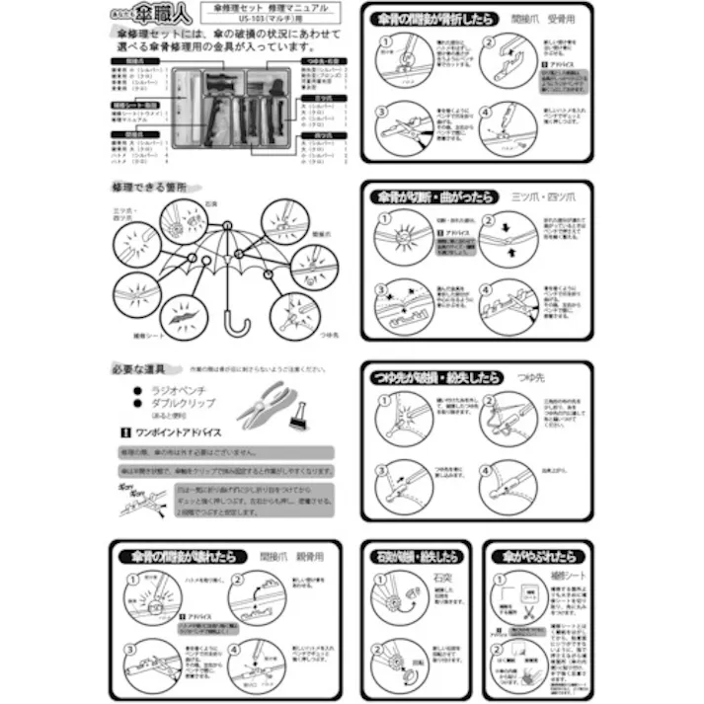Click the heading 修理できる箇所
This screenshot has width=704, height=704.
pos(148,186)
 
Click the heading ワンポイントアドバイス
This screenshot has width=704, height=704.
pos(177,432)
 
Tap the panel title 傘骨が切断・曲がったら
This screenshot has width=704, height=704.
pos(435,196)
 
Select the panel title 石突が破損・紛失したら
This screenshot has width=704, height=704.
pos(414,557)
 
